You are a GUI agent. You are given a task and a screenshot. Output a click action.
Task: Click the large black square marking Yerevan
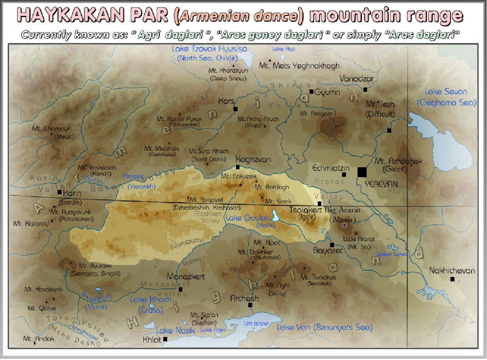pyautogui.click(x=361, y=172)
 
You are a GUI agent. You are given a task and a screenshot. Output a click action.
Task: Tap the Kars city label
pyautogui.click(x=226, y=101)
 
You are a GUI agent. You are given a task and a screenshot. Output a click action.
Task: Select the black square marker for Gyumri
pyautogui.click(x=311, y=92)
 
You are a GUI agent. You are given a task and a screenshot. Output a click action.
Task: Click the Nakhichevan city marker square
pyautogui.click(x=452, y=279)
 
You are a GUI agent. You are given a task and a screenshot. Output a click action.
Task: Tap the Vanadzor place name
pyautogui.click(x=356, y=79)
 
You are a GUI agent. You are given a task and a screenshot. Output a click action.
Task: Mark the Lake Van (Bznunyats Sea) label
pyautogui.click(x=325, y=327)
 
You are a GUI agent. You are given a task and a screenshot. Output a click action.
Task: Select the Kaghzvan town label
pyautogui.click(x=253, y=159)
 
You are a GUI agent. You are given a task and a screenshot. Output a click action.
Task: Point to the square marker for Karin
pyautogui.click(x=60, y=192)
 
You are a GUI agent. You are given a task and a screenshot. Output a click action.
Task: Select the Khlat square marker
pyautogui.click(x=165, y=339)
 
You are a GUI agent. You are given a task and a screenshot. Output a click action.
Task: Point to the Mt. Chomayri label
pyautogui.click(x=52, y=129)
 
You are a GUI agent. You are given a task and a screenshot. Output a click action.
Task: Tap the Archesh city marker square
pyautogui.click(x=250, y=305)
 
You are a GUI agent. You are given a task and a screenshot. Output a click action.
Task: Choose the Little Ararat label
pyautogui.click(x=359, y=239)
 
